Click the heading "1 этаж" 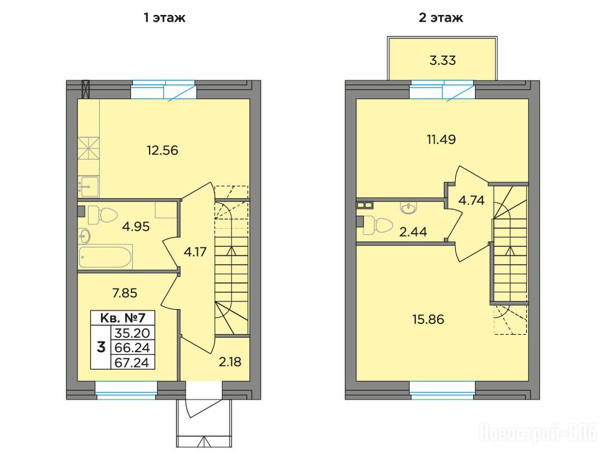coord(165,18)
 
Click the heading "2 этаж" coord(441,18)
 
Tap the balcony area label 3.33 coord(443,60)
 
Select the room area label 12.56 coord(162,150)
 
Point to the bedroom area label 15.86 coord(428,320)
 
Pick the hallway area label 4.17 coord(195,252)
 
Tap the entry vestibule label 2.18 coord(229,362)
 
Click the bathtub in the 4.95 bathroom coord(105,256)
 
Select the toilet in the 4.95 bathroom coord(102,215)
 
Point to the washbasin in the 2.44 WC coord(409,208)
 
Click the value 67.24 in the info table coord(132,362)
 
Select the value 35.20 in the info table coord(132,333)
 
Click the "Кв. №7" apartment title coord(123,318)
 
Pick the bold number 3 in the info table coord(101,347)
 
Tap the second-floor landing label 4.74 coord(471,200)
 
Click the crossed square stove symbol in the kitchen coord(89,148)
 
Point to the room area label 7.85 coord(125,293)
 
